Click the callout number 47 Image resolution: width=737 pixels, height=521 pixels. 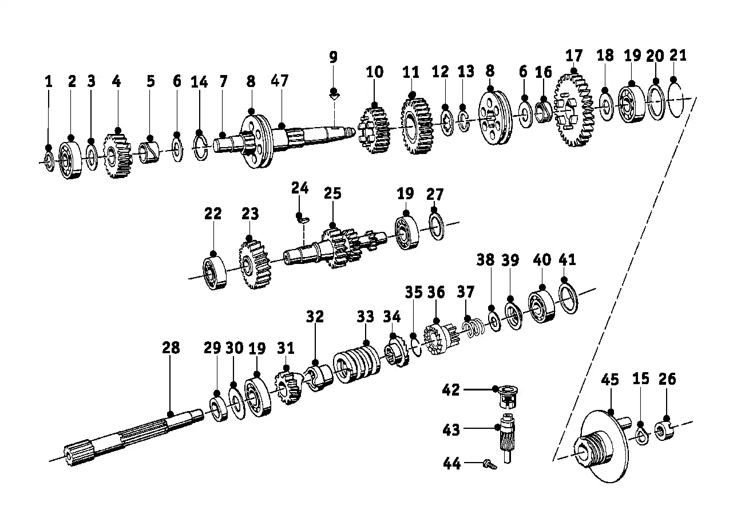point(279,81)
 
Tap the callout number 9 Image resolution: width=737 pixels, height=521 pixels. point(333,57)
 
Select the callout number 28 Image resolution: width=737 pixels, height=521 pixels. point(171,348)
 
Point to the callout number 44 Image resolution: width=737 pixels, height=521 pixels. point(451,464)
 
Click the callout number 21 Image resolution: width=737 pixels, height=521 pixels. point(677,56)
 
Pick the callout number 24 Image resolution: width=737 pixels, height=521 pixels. point(300,188)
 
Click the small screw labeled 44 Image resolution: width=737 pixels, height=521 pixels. point(490,465)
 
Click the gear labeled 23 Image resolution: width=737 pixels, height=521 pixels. point(255,265)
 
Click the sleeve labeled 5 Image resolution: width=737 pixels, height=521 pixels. point(149,152)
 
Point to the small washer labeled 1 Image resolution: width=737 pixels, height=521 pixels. point(49,161)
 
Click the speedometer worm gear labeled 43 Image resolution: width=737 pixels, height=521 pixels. point(507,439)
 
